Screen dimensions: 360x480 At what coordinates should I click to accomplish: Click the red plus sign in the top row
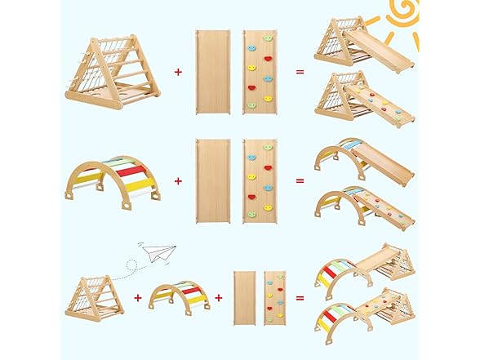[178, 72]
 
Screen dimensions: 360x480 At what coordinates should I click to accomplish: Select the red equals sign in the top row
[300, 72]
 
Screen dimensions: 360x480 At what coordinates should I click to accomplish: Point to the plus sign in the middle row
[178, 180]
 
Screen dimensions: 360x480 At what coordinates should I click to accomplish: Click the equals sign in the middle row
[300, 180]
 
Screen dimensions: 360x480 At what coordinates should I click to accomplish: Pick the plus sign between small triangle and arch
[136, 297]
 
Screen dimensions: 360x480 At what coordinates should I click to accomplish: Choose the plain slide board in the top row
[212, 72]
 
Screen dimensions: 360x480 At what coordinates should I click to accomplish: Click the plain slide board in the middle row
[212, 180]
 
